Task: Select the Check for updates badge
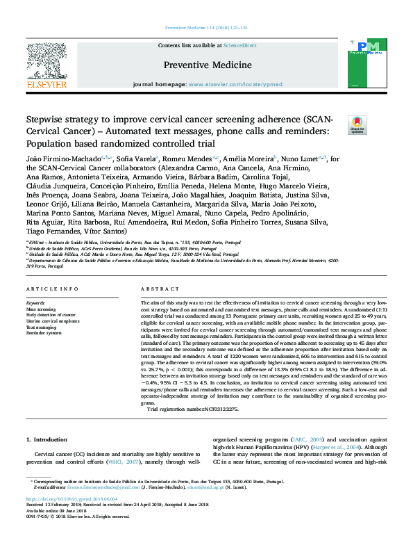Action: [357, 124]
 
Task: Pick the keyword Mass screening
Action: [40, 309]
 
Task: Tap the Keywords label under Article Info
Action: [35, 303]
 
